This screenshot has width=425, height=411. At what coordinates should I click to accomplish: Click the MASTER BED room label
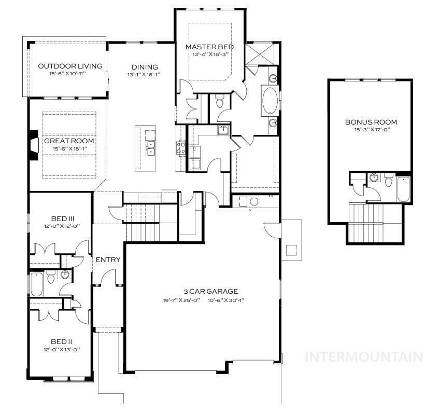tap(209, 47)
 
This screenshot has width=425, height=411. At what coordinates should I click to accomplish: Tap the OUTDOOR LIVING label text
tap(70, 66)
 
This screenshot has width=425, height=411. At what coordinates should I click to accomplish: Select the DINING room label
tap(144, 67)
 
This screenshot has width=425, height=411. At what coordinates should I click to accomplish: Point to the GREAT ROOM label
tap(69, 141)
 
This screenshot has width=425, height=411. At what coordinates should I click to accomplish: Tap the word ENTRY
tap(108, 259)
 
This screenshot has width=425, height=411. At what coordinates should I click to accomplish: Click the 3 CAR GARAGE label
tap(203, 291)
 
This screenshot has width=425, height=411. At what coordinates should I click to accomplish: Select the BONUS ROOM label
tap(371, 122)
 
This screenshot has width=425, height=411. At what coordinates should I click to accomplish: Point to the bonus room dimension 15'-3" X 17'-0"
tap(371, 130)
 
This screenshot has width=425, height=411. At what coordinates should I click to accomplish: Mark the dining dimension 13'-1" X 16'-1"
tap(144, 74)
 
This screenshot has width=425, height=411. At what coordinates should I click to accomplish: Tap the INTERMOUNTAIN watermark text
tap(364, 357)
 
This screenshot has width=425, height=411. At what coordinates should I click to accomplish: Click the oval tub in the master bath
tap(270, 101)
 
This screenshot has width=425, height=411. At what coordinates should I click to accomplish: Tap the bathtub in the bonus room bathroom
tap(404, 189)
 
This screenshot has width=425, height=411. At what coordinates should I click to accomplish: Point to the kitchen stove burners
tap(181, 148)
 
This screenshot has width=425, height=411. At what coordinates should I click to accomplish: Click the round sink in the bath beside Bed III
tap(65, 275)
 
